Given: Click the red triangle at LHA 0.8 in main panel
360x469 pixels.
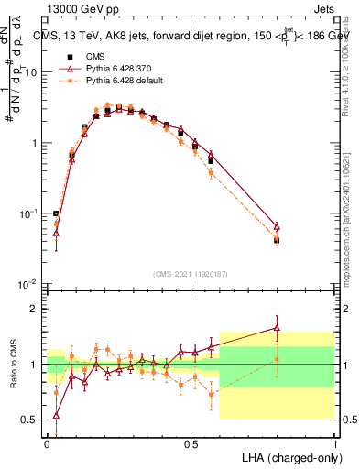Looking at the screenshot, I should (277, 225).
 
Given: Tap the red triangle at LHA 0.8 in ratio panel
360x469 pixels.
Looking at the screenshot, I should (277, 327).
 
